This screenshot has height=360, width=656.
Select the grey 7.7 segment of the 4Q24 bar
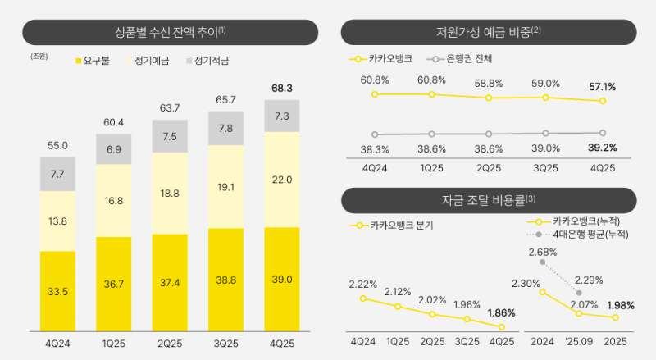57,174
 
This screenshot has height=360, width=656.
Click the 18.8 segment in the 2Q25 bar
170,193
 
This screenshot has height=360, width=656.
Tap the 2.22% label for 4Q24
362,284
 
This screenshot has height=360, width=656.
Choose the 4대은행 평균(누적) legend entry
583,235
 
